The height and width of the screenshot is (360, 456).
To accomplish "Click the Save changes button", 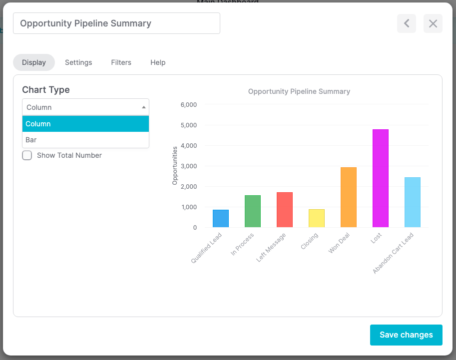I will [x=406, y=335].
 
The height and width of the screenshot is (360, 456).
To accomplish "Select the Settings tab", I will [x=78, y=62].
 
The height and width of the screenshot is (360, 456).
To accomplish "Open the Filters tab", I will [x=121, y=62].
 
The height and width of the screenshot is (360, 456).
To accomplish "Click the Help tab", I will [x=158, y=62].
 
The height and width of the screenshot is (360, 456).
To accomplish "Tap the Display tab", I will [x=34, y=62].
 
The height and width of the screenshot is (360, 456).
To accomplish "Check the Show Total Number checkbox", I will [x=27, y=155].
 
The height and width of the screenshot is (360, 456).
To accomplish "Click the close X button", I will [x=433, y=23].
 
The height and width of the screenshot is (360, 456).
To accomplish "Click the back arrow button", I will [x=407, y=23].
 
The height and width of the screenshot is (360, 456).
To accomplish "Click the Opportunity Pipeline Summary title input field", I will [x=116, y=23].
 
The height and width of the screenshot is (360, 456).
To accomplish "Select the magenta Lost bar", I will [x=380, y=178].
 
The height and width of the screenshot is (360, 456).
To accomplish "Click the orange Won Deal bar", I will [x=348, y=197].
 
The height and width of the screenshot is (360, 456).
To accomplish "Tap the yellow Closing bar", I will [x=316, y=218].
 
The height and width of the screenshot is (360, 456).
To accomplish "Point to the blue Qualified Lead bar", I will [x=220, y=219].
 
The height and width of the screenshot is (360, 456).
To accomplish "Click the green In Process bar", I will [x=252, y=211].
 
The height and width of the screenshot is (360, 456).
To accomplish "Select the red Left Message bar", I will [x=284, y=210].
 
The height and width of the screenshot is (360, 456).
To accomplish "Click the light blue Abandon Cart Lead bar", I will [x=412, y=202].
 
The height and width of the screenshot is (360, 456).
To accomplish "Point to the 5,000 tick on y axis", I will [x=188, y=125].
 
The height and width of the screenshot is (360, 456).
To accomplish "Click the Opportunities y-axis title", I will [x=175, y=166].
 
